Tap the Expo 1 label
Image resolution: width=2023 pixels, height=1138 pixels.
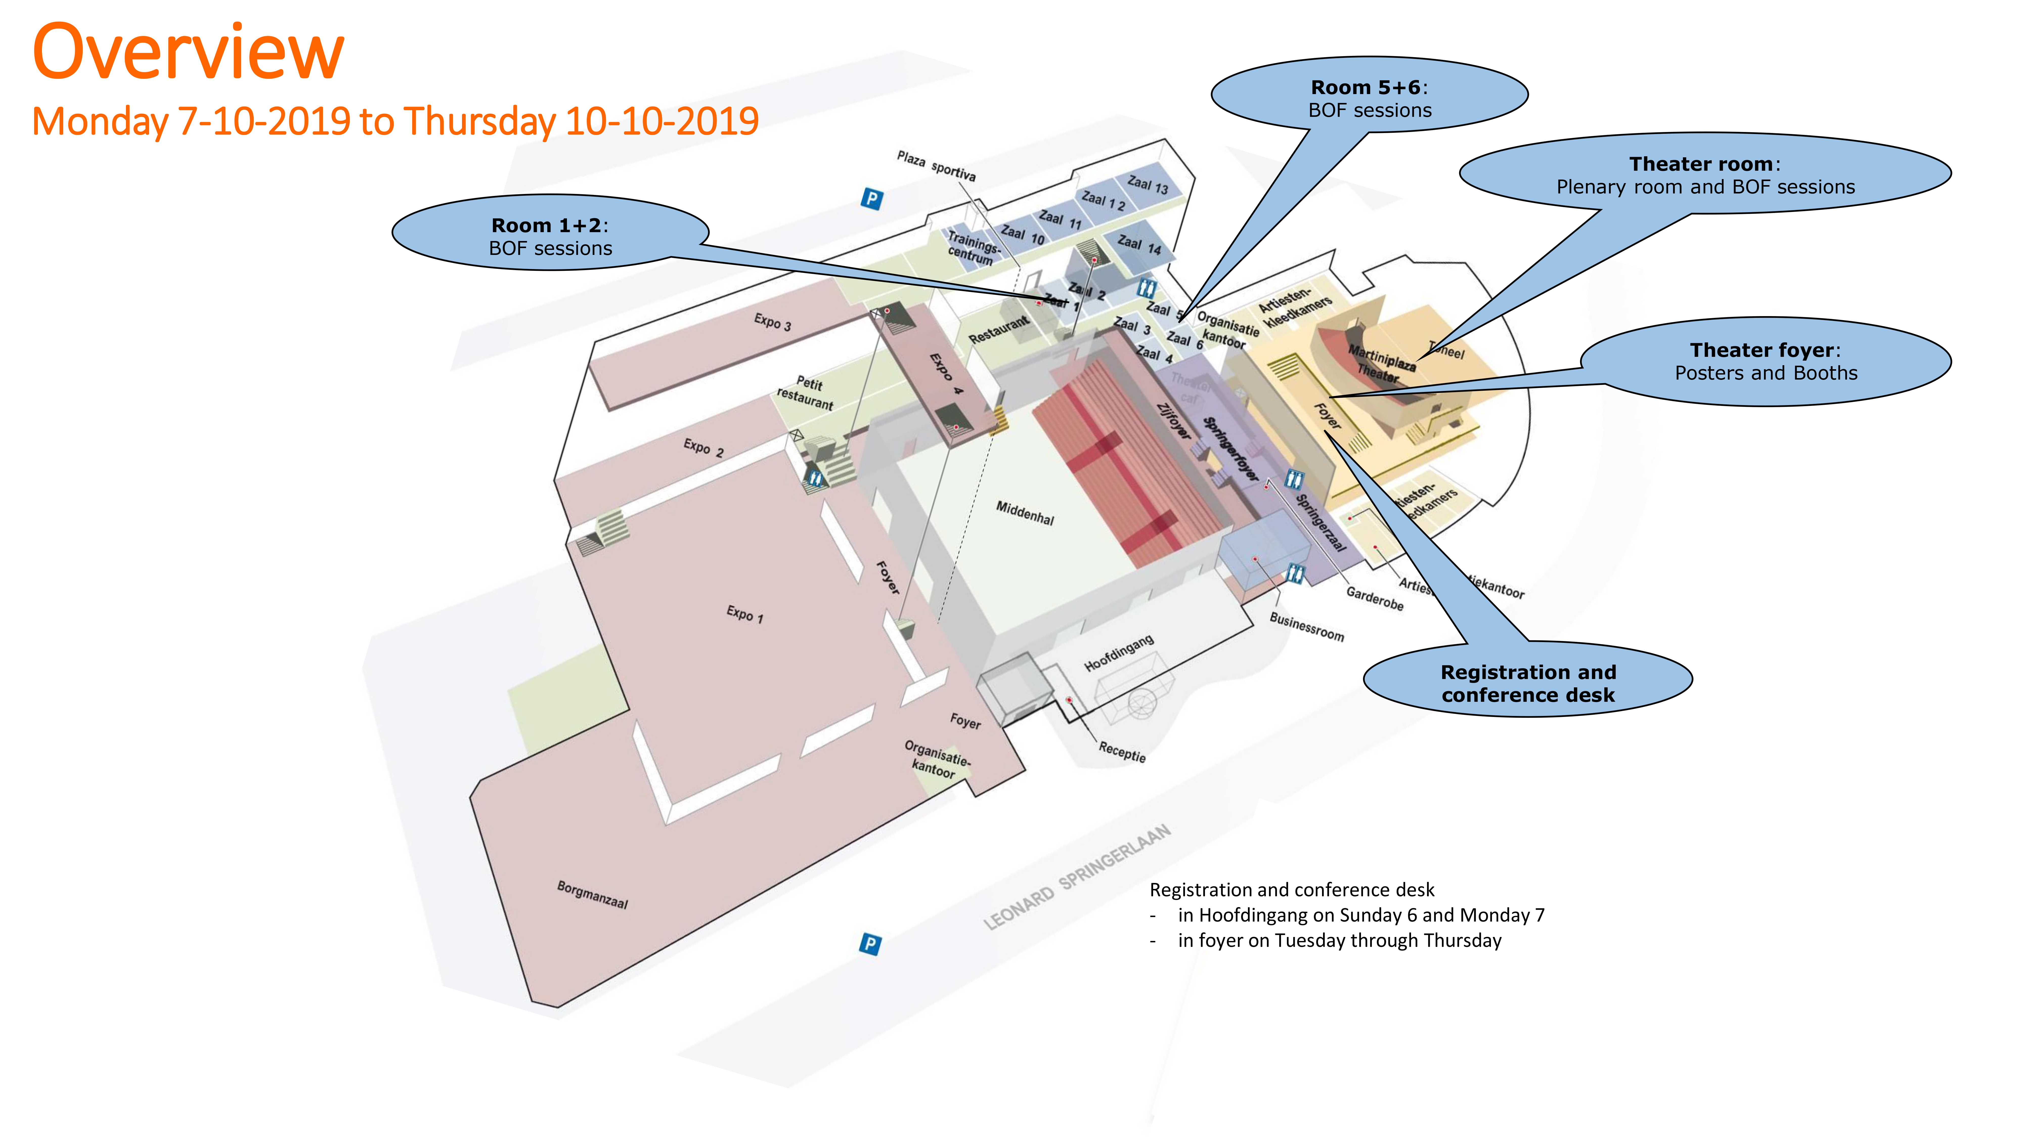click(744, 613)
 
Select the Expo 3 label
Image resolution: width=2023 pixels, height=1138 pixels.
click(772, 322)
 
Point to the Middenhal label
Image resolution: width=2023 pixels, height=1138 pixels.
click(1025, 513)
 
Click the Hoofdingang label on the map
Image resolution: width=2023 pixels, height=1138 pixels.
click(1119, 653)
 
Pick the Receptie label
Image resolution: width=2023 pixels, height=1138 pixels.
click(1122, 752)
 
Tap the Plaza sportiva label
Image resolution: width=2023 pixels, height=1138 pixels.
click(936, 166)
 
